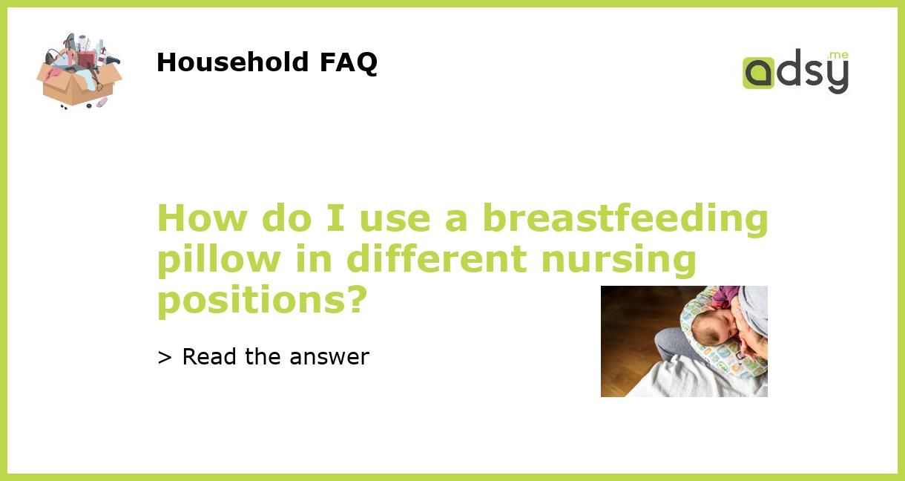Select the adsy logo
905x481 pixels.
coord(795,72)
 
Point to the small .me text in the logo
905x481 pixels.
coord(838,55)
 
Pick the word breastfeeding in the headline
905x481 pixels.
coord(625,219)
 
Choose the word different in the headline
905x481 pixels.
coord(437,260)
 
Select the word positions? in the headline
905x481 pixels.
coord(262,301)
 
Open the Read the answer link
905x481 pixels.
coord(263,357)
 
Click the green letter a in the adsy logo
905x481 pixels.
coord(758,73)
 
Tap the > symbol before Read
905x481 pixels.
coord(165,358)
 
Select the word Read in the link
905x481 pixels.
coord(211,357)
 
